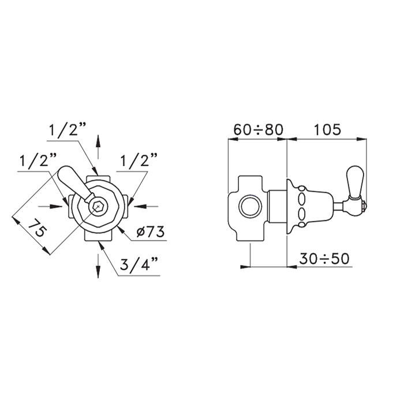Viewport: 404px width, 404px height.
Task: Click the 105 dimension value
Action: click(327, 130)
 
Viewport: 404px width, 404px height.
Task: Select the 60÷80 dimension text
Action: click(258, 130)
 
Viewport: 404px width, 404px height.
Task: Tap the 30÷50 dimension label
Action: click(324, 259)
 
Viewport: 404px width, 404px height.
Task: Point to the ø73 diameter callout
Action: click(151, 232)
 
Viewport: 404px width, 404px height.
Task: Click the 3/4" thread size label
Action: click(139, 264)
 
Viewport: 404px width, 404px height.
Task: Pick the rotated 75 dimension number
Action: click(38, 227)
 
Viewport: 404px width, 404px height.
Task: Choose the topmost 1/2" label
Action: click(67, 130)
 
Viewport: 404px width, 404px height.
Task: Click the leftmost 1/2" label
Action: click(38, 160)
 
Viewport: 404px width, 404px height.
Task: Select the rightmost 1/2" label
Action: click(139, 160)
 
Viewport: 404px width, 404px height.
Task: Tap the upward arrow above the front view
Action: click(98, 147)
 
